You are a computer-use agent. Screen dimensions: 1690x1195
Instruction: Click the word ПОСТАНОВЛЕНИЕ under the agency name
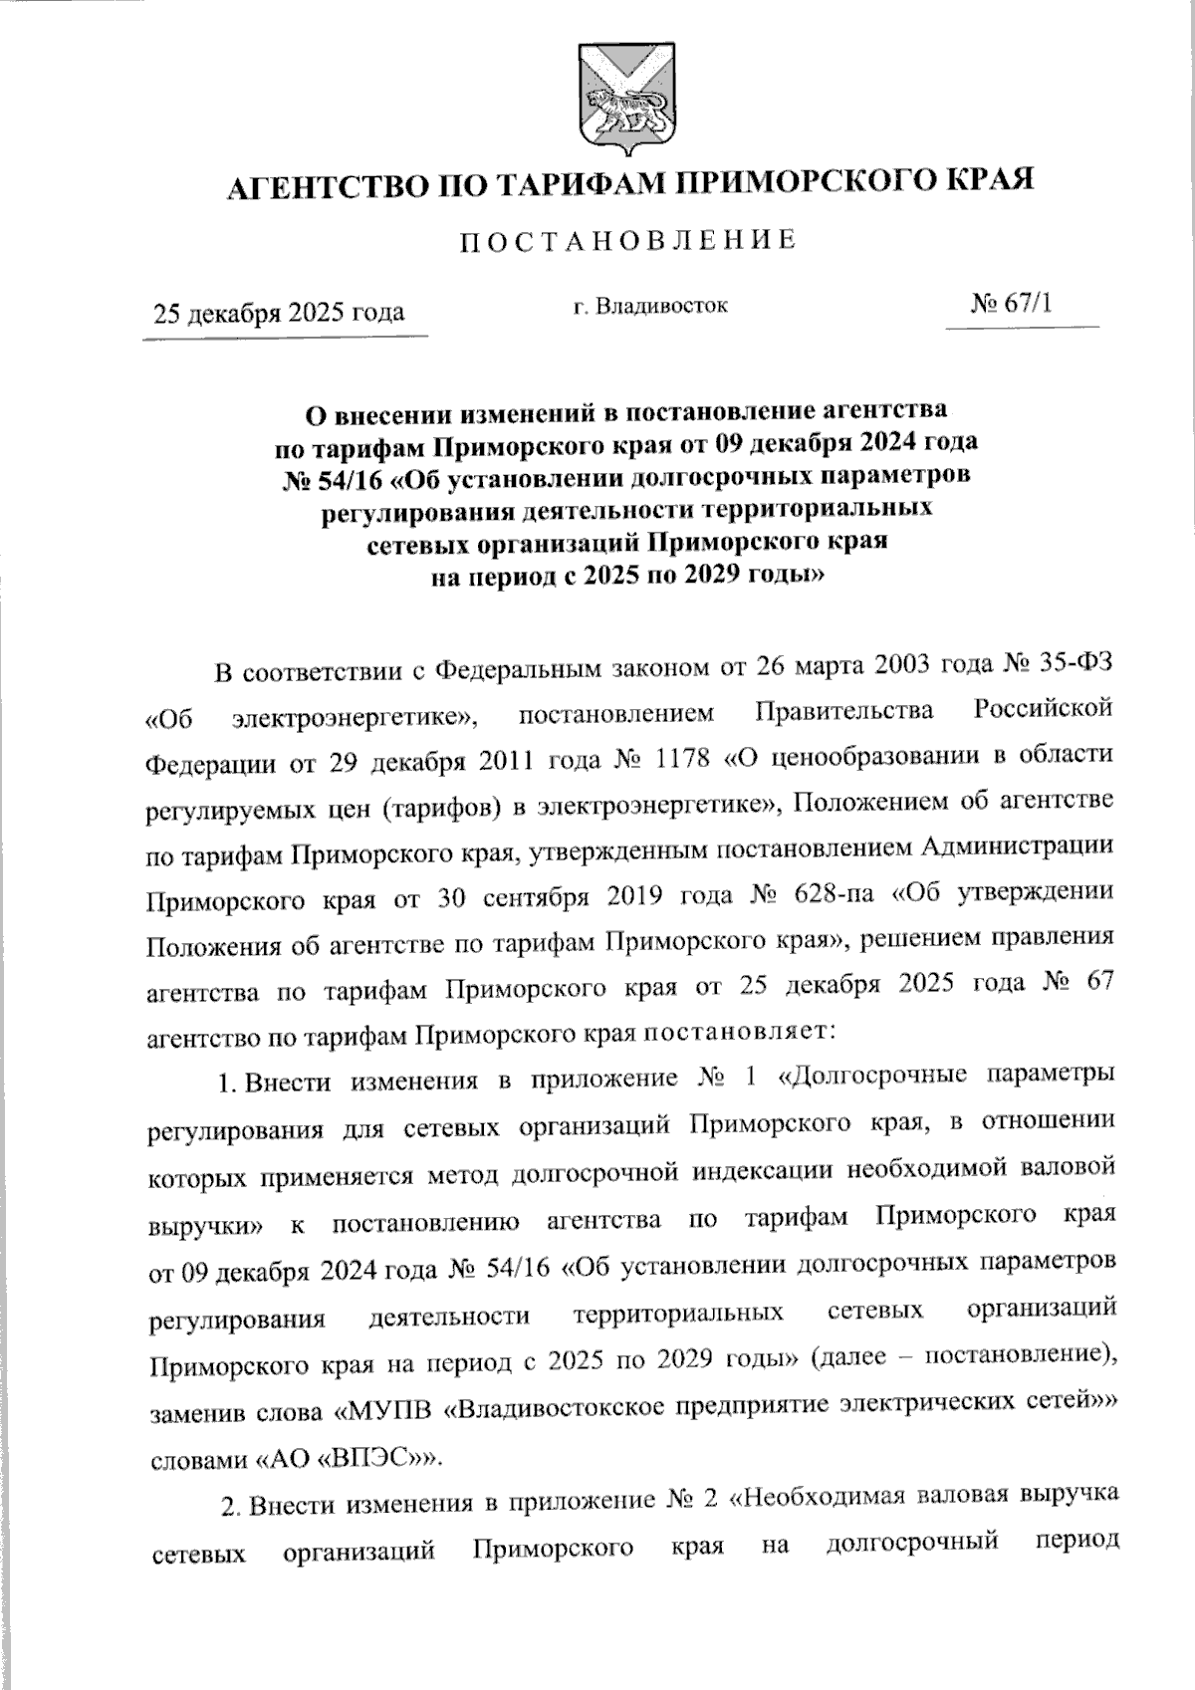click(x=625, y=241)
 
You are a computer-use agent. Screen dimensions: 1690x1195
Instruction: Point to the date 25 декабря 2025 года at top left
click(x=278, y=313)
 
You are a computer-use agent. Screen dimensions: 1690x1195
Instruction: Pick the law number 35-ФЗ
click(x=1075, y=665)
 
